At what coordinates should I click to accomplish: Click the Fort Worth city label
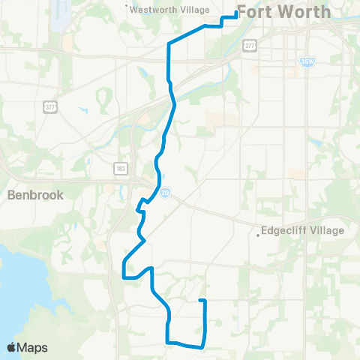point(283,12)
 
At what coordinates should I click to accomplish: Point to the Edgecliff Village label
point(304,231)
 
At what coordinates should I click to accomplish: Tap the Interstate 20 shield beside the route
point(165,193)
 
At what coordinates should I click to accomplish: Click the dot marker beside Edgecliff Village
point(258,235)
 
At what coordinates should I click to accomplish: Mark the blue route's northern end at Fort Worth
point(237,13)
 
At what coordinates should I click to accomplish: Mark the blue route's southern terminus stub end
point(200,301)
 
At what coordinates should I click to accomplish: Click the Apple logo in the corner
point(11,347)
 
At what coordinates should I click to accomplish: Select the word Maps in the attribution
point(32,348)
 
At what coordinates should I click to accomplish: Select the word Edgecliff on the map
point(285,231)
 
